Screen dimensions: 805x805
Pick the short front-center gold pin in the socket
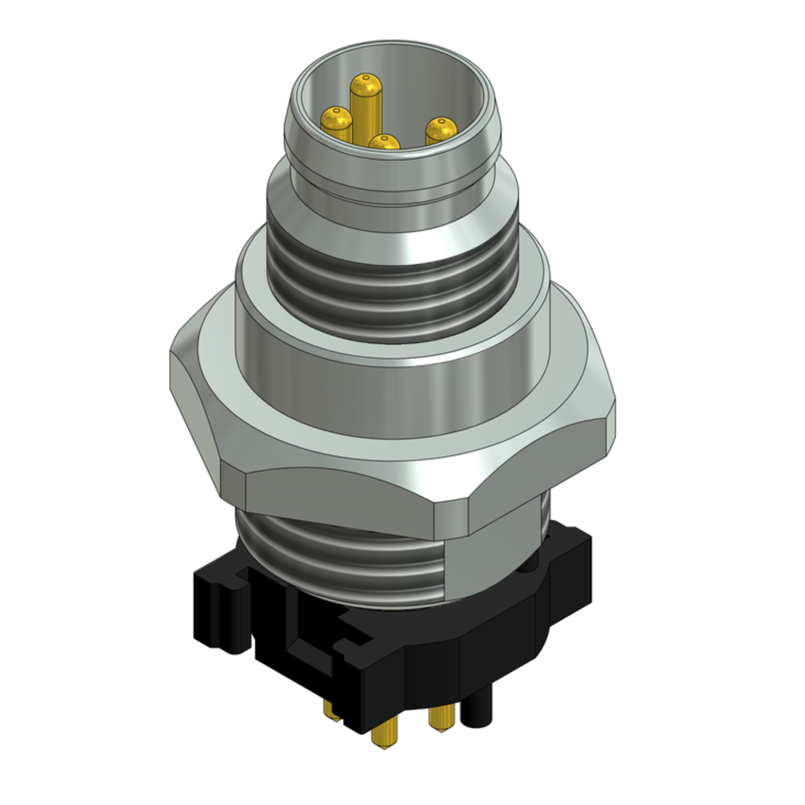click(x=384, y=143)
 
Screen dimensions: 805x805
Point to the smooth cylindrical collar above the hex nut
click(x=392, y=400)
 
